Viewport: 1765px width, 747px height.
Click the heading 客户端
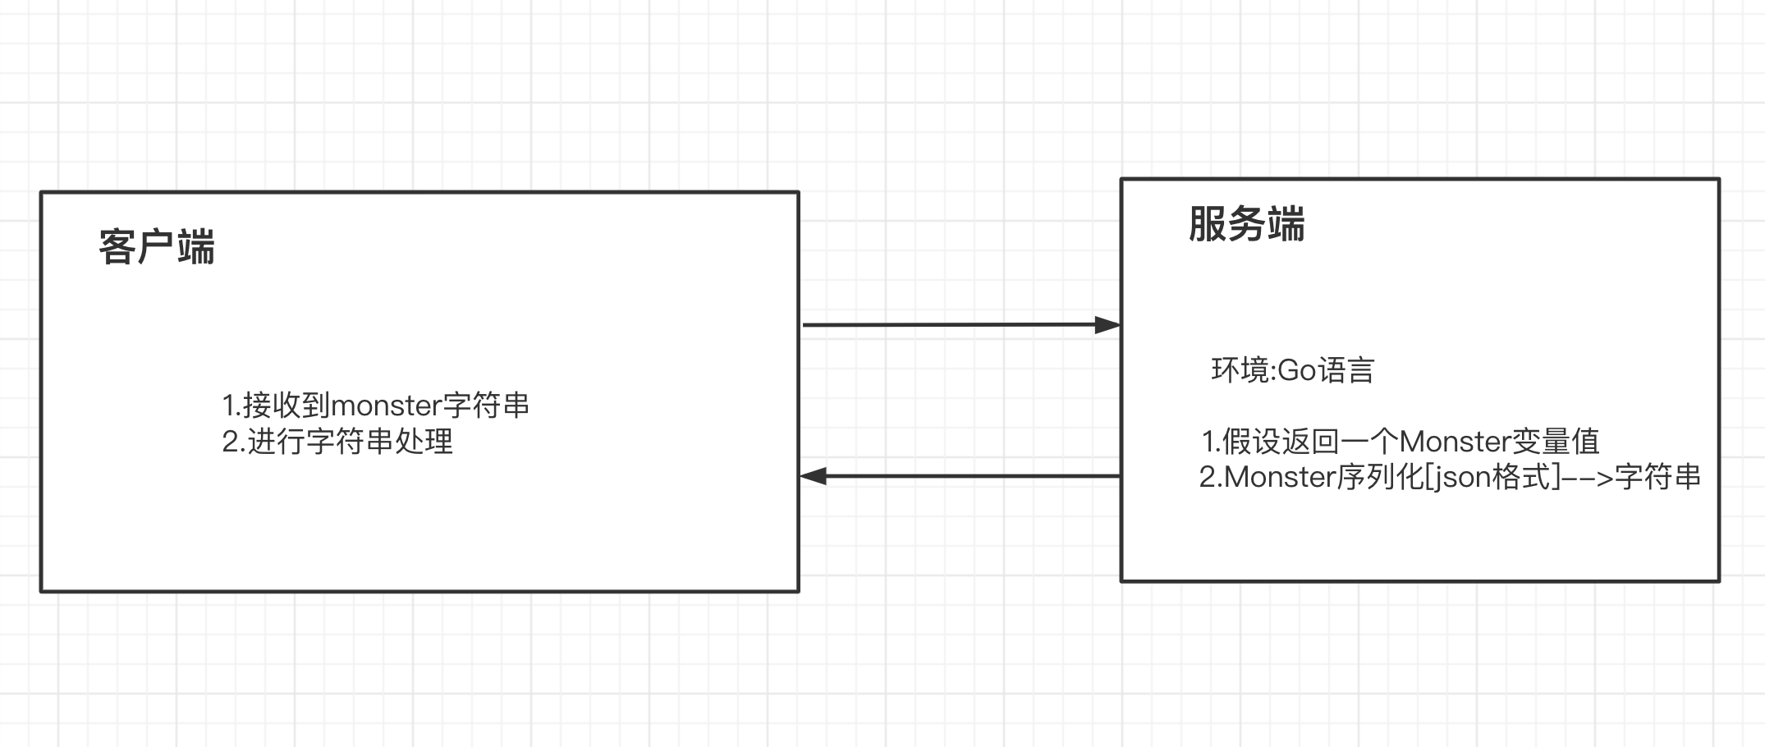click(157, 247)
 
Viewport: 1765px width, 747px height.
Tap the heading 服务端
click(1246, 224)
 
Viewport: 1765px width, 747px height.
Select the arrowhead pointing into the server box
click(1108, 325)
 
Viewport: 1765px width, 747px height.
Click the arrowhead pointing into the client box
click(813, 476)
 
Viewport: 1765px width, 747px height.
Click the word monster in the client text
click(386, 406)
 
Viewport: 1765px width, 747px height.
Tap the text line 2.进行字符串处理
click(337, 442)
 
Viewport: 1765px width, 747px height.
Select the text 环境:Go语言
click(1293, 370)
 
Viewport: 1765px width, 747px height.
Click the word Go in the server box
click(1297, 370)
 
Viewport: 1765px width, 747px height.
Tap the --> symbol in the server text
click(1588, 477)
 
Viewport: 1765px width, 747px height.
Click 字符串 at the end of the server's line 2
click(1657, 477)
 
